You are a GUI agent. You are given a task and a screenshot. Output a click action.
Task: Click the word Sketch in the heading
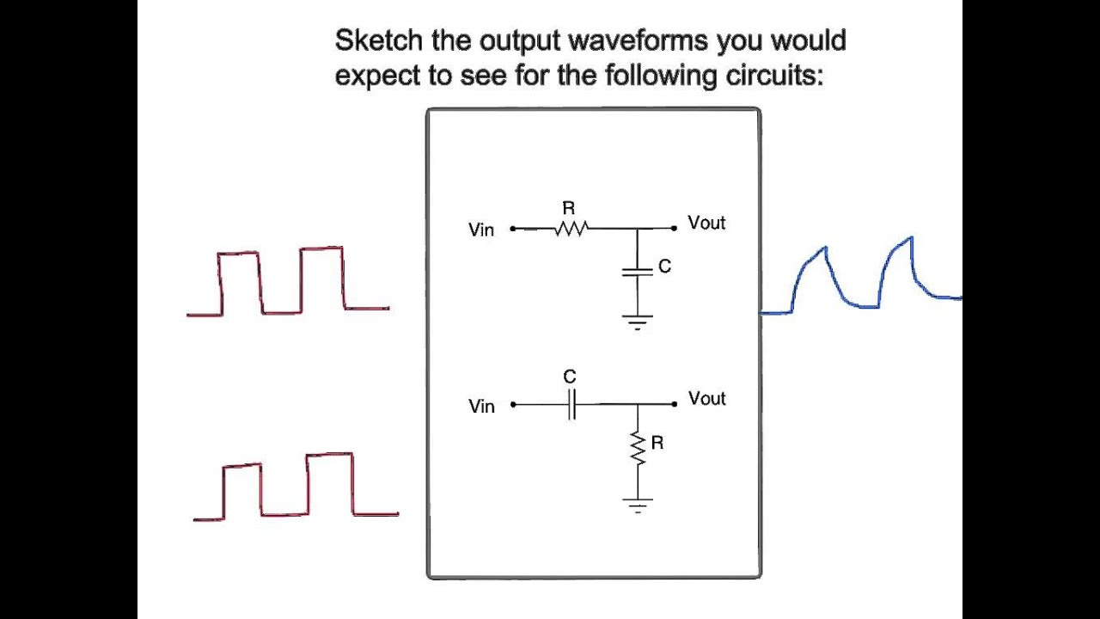point(378,40)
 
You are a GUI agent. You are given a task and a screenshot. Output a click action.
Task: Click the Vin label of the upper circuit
point(480,230)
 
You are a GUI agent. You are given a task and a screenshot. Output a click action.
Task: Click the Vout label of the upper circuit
point(706,223)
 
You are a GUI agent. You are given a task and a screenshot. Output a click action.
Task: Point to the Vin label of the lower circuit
point(480,407)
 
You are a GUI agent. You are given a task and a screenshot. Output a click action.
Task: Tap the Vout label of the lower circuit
point(706,398)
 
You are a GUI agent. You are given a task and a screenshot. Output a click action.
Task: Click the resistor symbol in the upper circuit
point(571,229)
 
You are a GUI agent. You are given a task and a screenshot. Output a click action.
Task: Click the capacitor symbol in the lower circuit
point(571,404)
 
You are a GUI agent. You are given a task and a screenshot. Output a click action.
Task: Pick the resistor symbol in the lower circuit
point(638,448)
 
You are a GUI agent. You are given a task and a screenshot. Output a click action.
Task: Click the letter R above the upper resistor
point(569,209)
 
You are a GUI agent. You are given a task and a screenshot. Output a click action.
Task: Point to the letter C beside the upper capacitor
point(664,267)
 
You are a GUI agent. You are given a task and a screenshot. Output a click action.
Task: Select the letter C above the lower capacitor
point(570,377)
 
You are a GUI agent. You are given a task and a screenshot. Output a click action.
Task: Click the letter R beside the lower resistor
point(657,443)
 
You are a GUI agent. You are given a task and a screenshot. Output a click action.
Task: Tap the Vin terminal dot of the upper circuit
point(513,229)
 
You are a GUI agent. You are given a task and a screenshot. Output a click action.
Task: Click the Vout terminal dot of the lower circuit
point(675,404)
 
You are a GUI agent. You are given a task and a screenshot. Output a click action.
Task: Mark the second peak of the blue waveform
point(912,238)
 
